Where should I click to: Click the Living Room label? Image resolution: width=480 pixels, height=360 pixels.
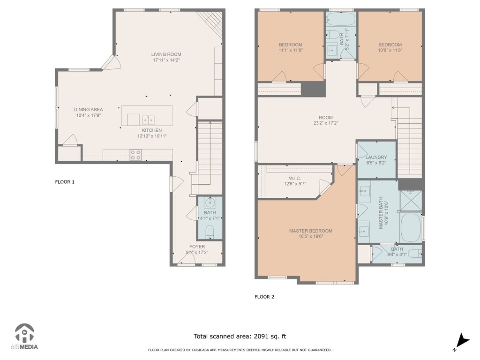(166, 54)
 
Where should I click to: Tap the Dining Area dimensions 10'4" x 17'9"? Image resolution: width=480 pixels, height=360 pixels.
(89, 115)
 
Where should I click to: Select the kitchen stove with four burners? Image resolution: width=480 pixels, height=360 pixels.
(135, 155)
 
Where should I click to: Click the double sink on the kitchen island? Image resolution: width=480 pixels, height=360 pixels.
(148, 120)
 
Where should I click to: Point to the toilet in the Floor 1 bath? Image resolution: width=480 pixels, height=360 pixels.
(210, 232)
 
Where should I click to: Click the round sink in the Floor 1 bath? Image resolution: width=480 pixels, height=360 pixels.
(210, 202)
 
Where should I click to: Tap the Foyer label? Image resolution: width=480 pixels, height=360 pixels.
(197, 247)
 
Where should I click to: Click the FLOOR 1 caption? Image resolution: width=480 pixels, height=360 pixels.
(65, 182)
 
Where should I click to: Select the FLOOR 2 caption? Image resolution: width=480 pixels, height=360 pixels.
(264, 297)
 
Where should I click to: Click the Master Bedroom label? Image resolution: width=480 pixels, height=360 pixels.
(311, 231)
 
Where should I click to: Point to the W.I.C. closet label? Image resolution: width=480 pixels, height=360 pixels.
(295, 179)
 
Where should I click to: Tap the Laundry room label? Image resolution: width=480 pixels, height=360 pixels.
(376, 157)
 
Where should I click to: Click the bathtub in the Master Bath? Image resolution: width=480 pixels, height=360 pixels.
(411, 227)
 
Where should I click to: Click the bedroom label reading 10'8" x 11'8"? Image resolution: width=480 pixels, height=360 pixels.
(390, 50)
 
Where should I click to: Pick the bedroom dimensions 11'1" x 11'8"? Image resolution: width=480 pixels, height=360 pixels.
(291, 50)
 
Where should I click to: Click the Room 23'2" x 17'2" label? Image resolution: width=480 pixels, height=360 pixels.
(326, 120)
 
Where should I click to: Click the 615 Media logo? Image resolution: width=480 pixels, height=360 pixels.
(24, 337)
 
